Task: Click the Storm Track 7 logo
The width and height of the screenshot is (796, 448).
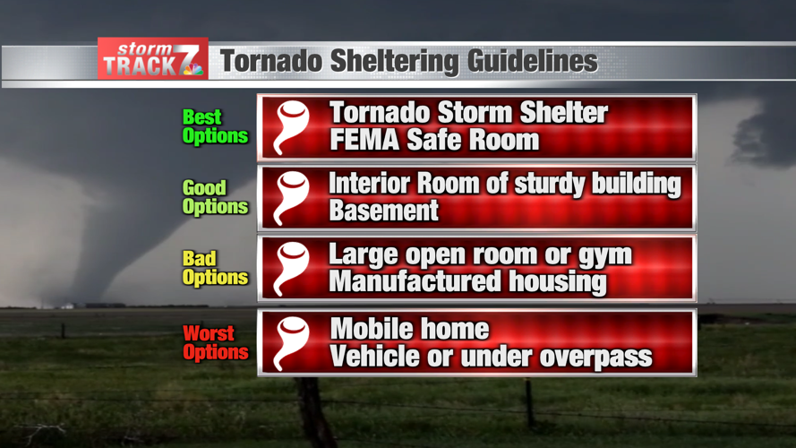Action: coord(152,59)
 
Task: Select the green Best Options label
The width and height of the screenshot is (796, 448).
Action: coord(215,126)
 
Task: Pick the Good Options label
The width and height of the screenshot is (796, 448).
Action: coord(215,197)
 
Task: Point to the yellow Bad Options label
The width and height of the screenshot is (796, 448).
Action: coord(215,268)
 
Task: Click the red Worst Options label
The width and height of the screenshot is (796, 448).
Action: coord(215,343)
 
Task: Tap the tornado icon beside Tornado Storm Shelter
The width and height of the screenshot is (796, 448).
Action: coord(292,126)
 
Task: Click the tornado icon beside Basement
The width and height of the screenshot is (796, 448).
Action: coord(292,197)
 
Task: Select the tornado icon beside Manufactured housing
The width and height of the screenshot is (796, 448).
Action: coord(292,268)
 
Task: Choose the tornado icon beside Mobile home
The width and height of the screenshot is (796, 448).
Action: coord(292,343)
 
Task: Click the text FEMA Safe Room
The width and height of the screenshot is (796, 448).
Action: coord(433,141)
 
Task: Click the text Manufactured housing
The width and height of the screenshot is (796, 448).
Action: coord(467,282)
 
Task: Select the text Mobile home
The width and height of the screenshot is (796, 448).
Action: coord(409,329)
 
